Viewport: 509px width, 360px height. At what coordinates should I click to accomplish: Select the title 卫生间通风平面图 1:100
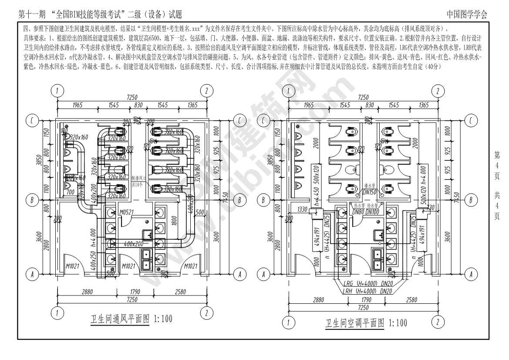131,319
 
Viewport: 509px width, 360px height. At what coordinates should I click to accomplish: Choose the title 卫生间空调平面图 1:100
366,323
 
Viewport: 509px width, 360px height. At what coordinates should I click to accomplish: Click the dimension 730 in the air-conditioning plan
430,207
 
